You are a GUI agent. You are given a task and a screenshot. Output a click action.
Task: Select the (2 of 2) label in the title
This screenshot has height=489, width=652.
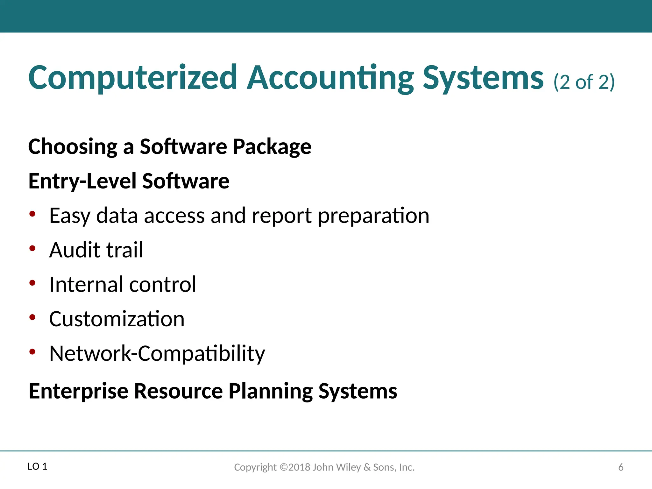coord(584,82)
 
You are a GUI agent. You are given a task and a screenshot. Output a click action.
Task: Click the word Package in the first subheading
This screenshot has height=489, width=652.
coord(272,147)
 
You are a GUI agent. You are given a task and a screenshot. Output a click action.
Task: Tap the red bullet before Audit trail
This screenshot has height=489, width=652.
coord(32,248)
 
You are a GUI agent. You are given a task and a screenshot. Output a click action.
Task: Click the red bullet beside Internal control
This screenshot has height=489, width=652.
coord(32,283)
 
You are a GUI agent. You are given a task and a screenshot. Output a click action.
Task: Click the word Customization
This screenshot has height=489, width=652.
coord(117,319)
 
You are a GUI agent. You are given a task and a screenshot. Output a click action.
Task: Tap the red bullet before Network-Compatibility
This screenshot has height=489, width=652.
coord(32,351)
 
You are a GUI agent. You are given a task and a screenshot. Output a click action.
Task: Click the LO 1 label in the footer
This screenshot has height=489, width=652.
coord(37,467)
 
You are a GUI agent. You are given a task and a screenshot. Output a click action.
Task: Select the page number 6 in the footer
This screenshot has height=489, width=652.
coord(620,467)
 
